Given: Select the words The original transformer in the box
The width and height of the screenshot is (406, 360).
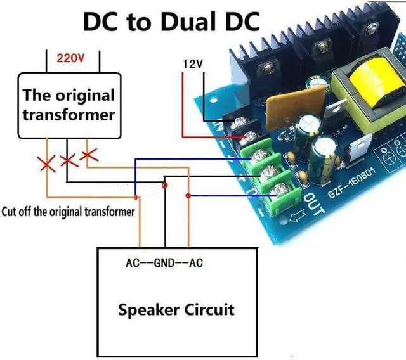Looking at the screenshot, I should [69, 105].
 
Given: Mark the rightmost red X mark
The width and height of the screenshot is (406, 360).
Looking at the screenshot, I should [89, 153].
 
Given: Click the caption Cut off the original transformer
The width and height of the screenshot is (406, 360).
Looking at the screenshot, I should [69, 212].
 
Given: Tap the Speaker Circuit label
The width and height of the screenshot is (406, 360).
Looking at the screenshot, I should [176, 310].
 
